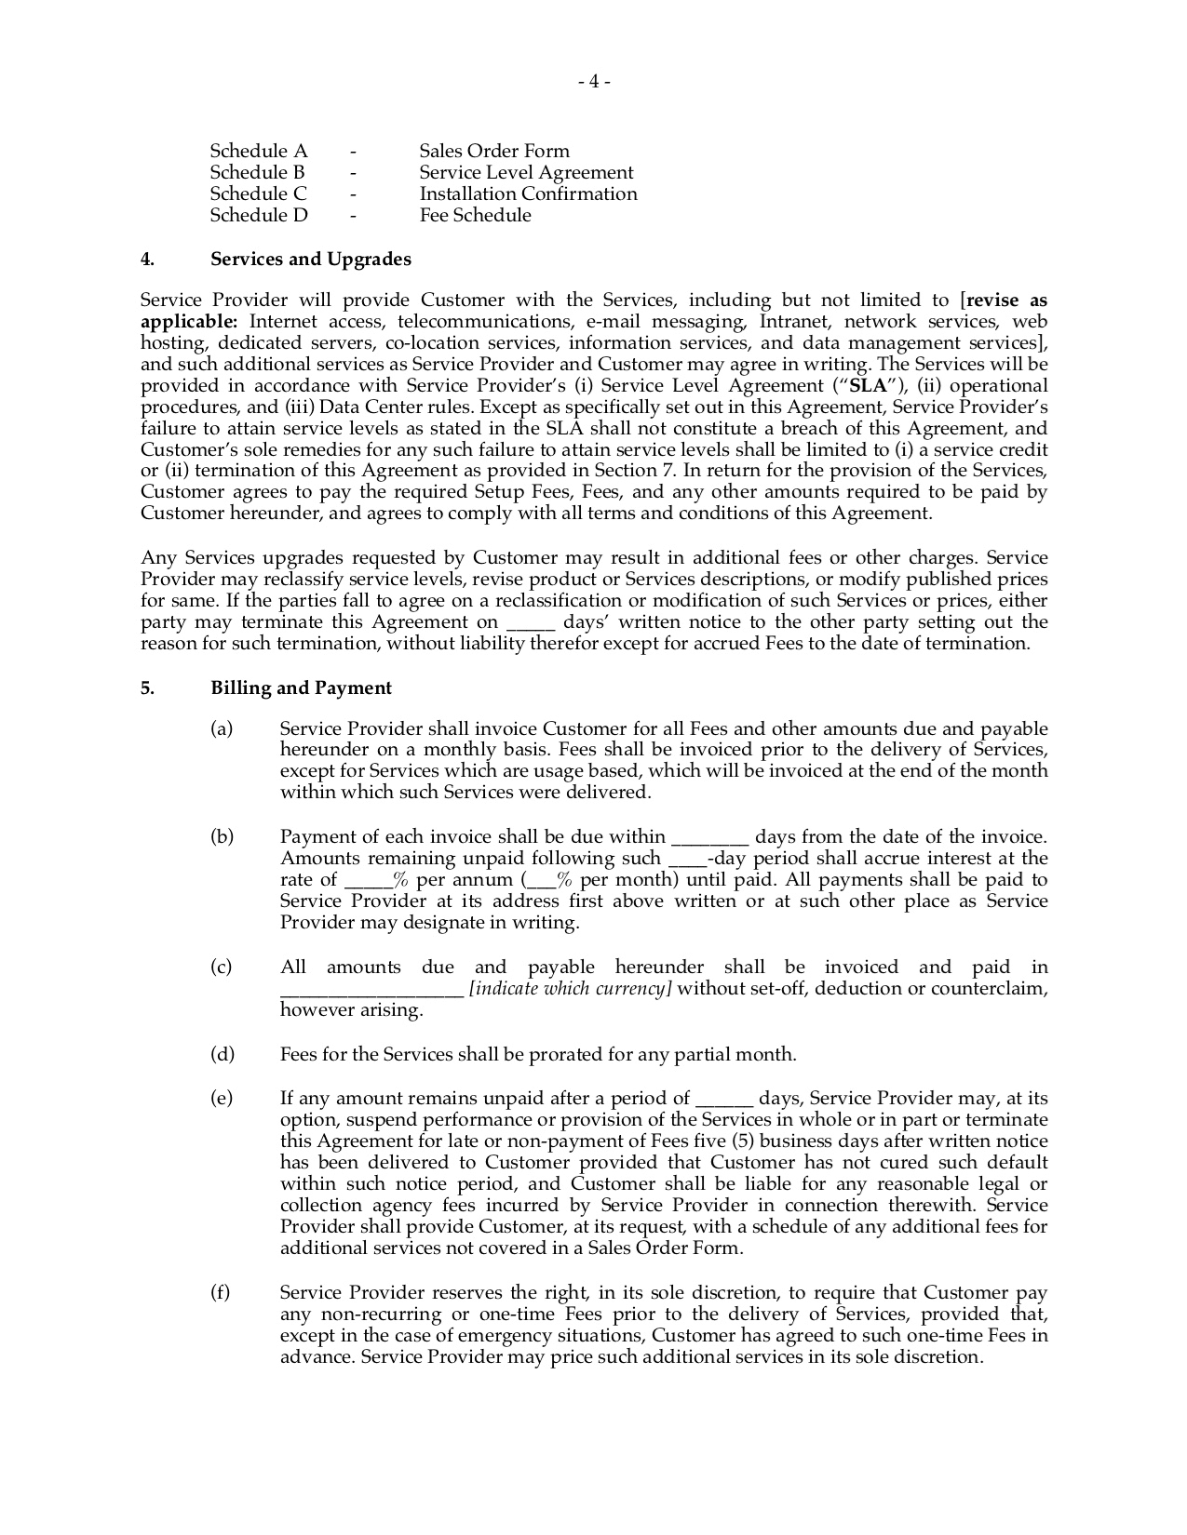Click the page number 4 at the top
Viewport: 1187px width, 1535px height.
click(593, 82)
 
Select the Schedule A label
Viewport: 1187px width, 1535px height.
click(258, 151)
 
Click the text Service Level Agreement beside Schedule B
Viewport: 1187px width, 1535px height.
click(526, 172)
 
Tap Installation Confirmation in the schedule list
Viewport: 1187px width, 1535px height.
click(528, 194)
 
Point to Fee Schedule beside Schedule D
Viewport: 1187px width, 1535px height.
click(475, 215)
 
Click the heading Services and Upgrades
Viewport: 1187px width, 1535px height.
click(310, 259)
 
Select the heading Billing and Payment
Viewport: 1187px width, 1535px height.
click(301, 687)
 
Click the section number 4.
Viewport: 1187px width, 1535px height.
click(146, 259)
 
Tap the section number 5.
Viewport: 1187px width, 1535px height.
click(146, 687)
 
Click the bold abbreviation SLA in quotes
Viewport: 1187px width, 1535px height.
click(868, 385)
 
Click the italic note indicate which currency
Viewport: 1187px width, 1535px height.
click(570, 988)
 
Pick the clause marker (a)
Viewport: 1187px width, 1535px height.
click(222, 728)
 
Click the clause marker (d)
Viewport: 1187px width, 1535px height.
click(222, 1054)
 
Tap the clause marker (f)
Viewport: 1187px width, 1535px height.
click(221, 1292)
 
